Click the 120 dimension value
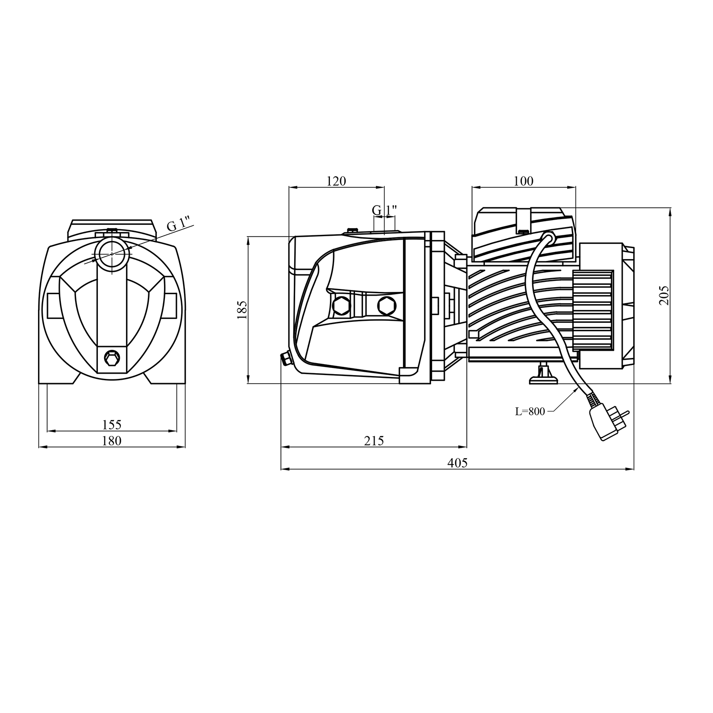pos(336,181)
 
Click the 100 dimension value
pos(523,181)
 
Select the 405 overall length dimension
pos(457,462)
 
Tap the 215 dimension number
pos(374,441)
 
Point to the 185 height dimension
pos(242,309)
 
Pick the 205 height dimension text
pos(664,295)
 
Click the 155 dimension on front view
pos(112,424)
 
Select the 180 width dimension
pos(112,441)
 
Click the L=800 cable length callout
pos(530,412)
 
